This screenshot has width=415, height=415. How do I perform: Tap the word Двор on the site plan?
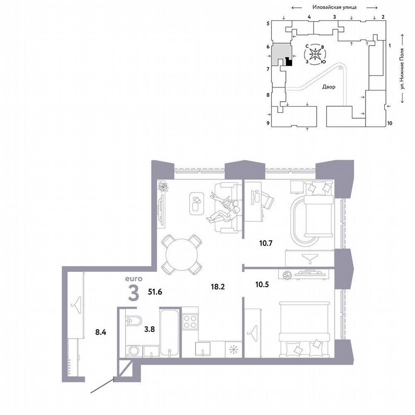pos(329,87)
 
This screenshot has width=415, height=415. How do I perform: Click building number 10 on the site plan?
pos(390,123)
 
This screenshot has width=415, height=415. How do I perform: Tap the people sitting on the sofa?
pos(224,209)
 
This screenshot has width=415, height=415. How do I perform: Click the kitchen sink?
pos(204,348)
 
